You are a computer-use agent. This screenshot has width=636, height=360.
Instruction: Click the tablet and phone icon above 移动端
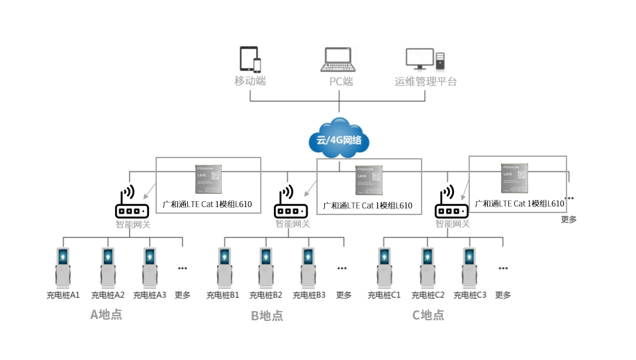click(x=250, y=60)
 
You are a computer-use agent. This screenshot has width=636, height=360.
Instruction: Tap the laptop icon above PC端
click(x=338, y=60)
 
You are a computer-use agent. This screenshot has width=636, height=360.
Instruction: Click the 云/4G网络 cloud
click(x=339, y=139)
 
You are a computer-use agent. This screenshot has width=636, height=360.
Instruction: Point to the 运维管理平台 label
click(x=426, y=82)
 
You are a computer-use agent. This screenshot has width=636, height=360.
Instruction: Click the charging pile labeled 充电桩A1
click(x=63, y=267)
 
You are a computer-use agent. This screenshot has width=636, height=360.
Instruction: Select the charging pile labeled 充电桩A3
click(x=150, y=267)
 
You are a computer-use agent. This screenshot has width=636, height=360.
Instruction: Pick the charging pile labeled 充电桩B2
click(x=265, y=267)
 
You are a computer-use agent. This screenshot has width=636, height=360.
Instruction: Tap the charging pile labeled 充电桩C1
click(x=384, y=267)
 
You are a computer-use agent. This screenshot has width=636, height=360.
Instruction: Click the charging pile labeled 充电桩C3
click(x=469, y=267)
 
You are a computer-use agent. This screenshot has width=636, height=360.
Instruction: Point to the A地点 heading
click(x=106, y=314)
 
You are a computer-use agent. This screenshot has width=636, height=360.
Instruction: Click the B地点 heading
click(x=267, y=316)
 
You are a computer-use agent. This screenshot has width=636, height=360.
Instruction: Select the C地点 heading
click(x=428, y=315)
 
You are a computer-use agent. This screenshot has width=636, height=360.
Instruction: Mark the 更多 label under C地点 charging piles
click(x=503, y=295)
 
